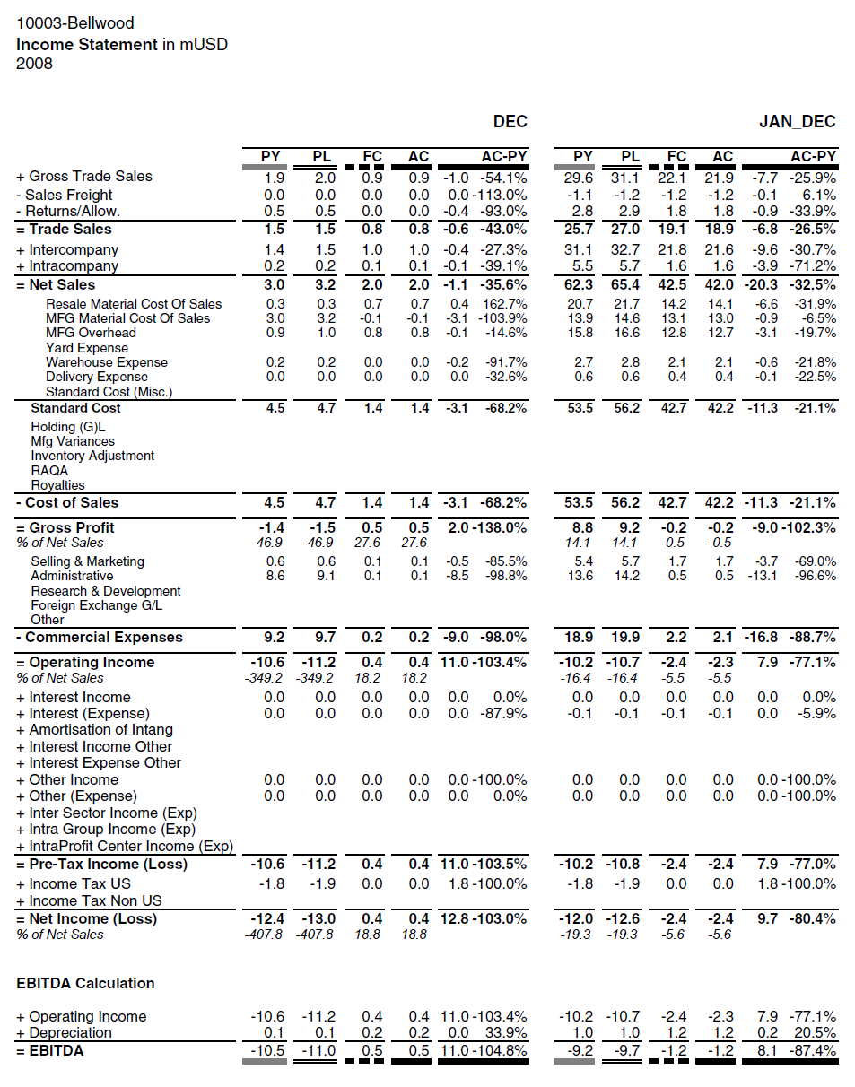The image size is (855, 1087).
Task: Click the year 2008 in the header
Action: point(34,64)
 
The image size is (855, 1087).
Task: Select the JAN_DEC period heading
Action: point(797,122)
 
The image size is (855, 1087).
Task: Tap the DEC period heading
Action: point(510,122)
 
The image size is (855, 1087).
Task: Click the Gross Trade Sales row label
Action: point(90,177)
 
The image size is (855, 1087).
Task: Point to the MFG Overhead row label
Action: point(91,333)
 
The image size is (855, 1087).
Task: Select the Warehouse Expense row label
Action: point(106,362)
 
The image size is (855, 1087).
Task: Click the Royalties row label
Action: point(57,485)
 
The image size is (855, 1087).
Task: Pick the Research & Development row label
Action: point(105,591)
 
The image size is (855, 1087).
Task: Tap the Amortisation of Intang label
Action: point(100,730)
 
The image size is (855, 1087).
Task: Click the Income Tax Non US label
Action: point(95,900)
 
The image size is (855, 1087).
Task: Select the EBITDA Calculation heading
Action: point(85,983)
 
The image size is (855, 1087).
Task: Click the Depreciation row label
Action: point(70,1032)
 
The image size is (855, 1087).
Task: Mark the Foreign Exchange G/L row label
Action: point(96,605)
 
